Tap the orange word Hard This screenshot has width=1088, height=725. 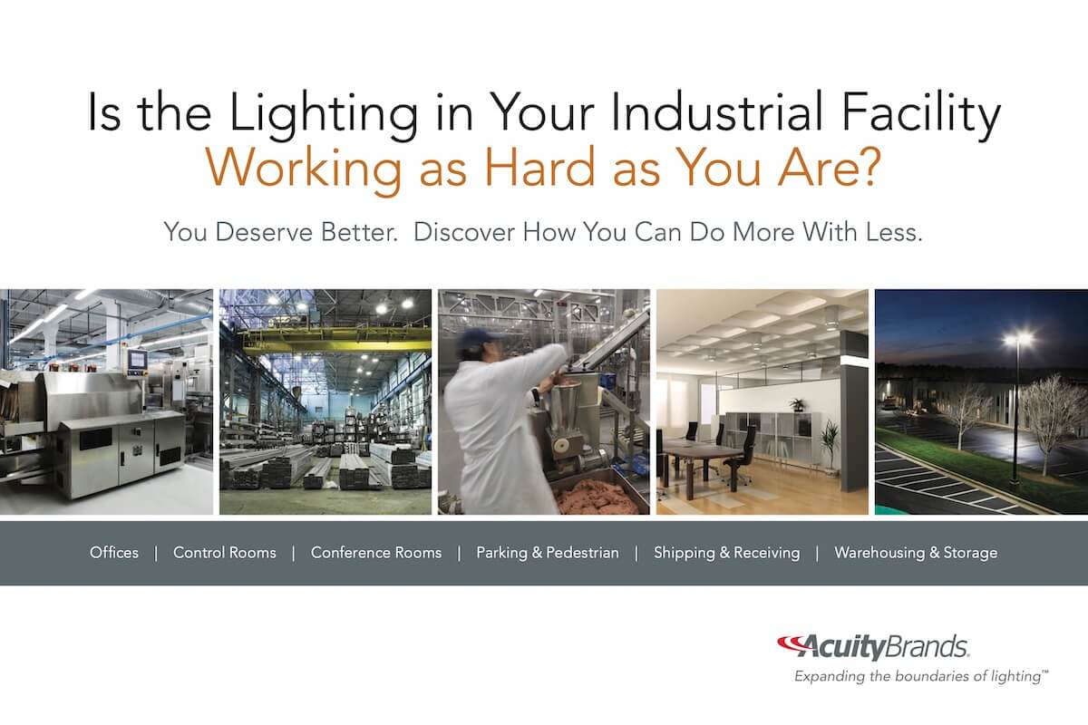pos(540,167)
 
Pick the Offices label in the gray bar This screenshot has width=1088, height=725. pos(114,553)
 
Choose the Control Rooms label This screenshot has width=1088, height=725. pos(225,553)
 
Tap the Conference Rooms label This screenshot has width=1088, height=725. pos(376,553)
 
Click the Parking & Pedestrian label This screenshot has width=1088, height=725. pos(548,553)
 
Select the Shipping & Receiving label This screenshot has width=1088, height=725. pos(726,553)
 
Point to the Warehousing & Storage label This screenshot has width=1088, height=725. pos(916,553)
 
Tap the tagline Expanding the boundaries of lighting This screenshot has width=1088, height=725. pos(921,676)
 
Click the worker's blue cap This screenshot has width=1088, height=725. pos(477,336)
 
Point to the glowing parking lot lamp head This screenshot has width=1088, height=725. pos(1018,338)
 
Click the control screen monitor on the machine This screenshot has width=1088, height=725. pos(137,360)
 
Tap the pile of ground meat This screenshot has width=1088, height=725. pos(597,497)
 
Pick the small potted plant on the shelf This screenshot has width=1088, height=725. pos(796,404)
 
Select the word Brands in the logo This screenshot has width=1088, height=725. pos(926,646)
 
